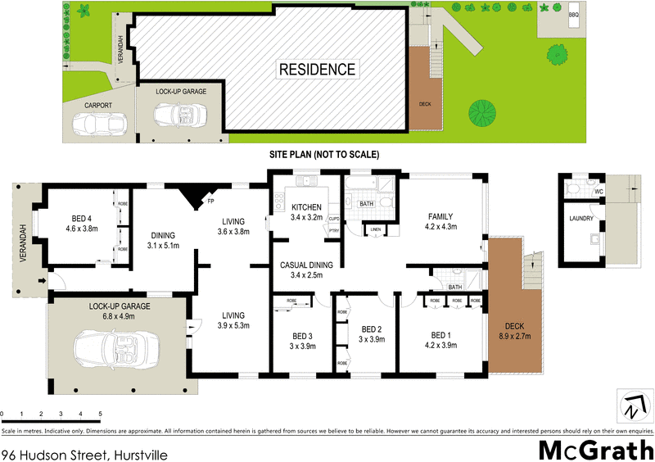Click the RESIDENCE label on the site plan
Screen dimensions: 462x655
[318, 70]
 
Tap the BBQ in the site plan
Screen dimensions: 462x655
[573, 15]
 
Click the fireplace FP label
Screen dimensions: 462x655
[210, 201]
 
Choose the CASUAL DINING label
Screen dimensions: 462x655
[305, 265]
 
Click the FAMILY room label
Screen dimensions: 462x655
[440, 216]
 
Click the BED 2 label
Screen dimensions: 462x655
[373, 329]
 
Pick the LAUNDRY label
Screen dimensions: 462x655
[583, 219]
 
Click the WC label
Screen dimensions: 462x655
[599, 192]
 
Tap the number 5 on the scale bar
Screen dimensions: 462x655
[100, 414]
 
